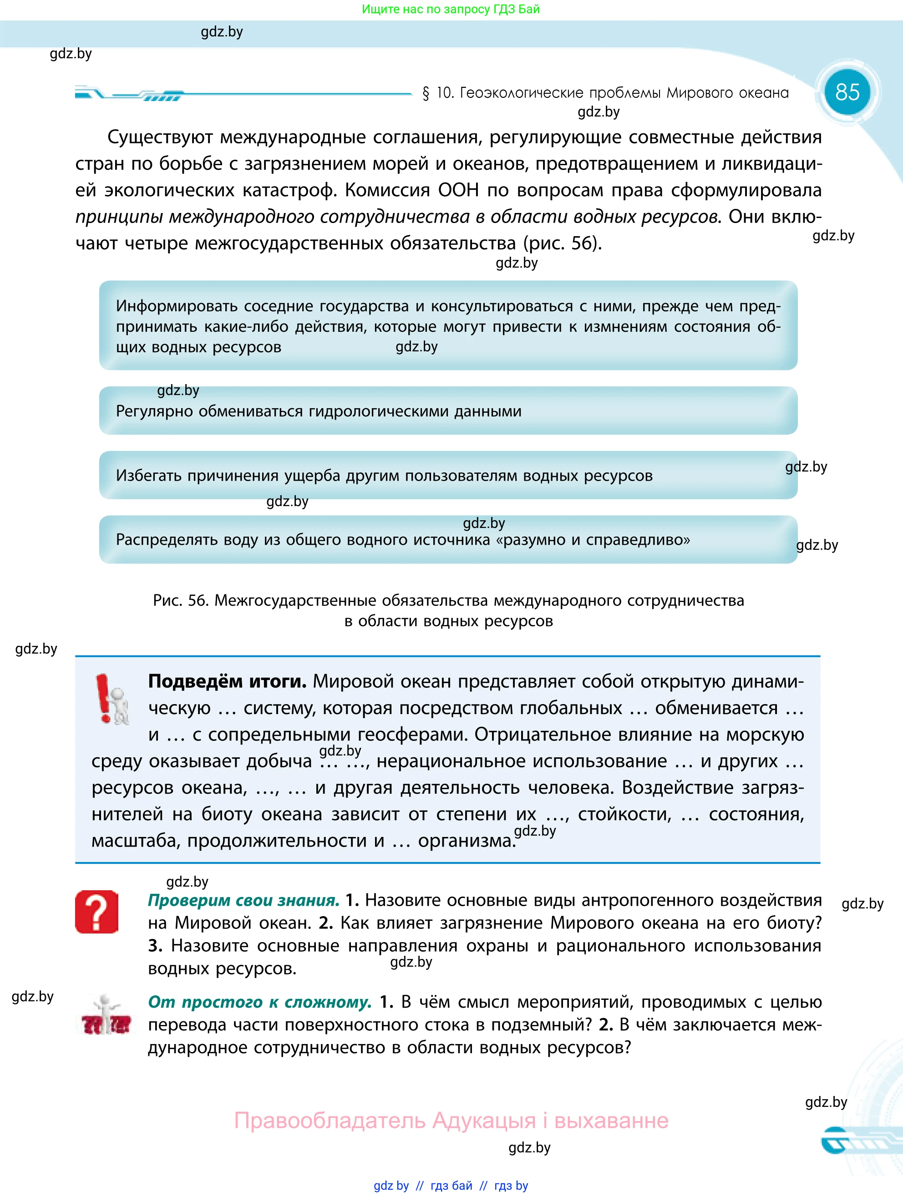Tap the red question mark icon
[97, 912]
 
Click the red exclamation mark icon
[104, 698]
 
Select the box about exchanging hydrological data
[448, 411]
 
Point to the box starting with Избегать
[448, 475]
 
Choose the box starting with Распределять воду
[448, 539]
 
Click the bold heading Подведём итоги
[227, 681]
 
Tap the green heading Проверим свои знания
[244, 900]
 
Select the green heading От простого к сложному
[260, 1002]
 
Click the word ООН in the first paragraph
[459, 190]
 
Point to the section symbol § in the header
[426, 93]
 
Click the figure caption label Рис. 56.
[181, 600]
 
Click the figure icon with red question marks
[106, 1016]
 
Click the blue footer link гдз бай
[451, 1186]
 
